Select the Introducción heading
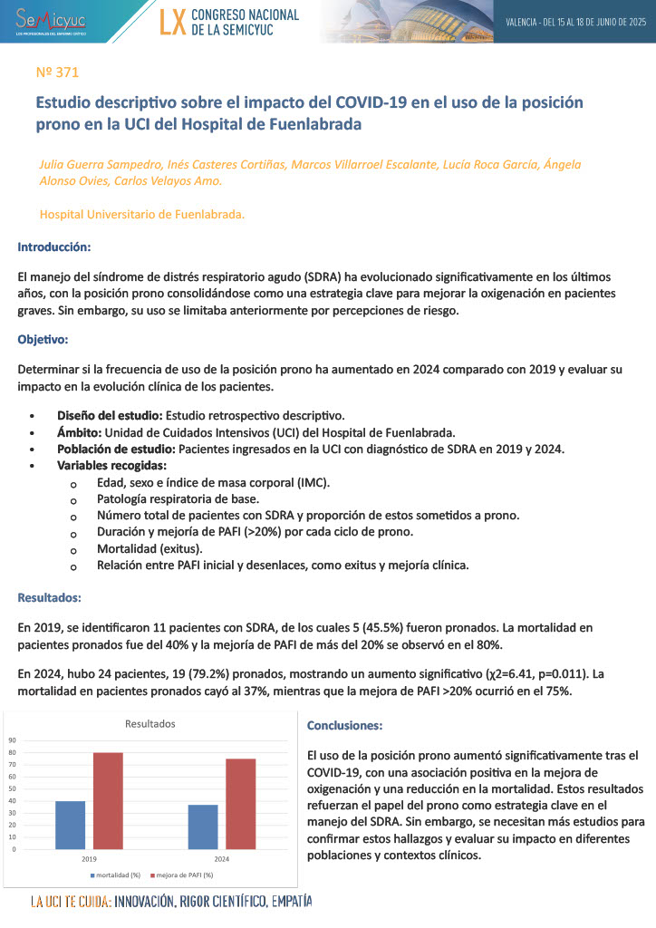(x=54, y=246)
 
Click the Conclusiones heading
(x=344, y=726)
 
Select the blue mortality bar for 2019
(x=70, y=825)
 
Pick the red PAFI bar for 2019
(x=108, y=801)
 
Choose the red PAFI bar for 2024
(x=240, y=804)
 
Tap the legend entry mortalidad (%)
(x=117, y=875)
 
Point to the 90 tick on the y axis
(x=13, y=740)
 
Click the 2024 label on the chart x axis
(x=222, y=857)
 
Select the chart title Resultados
(x=150, y=724)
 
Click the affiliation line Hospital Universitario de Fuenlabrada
(x=142, y=215)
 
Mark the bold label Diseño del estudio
(x=109, y=415)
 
